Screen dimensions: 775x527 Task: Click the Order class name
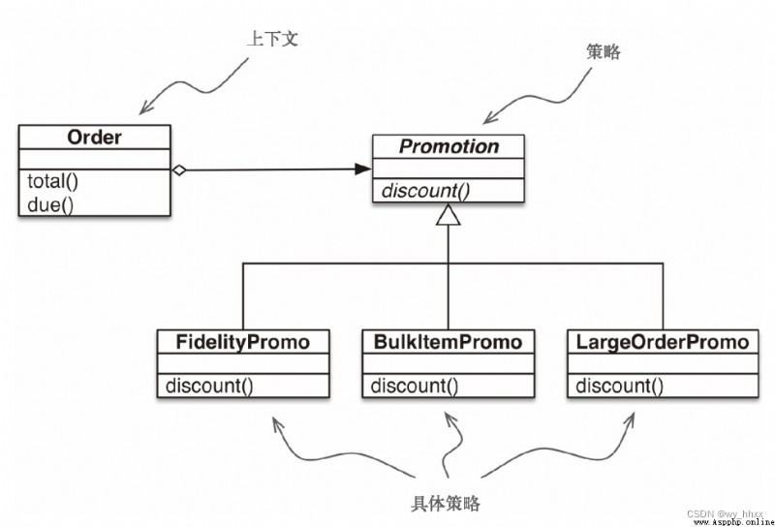tap(94, 137)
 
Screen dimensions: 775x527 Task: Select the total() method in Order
tap(53, 181)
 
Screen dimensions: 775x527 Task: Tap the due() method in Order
tap(50, 204)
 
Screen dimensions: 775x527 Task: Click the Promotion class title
tap(449, 146)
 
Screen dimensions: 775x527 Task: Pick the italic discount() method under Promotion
tap(426, 191)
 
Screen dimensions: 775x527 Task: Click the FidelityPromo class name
tap(243, 342)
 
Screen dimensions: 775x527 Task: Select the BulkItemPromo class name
tap(448, 342)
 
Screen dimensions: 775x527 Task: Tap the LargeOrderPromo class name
tap(663, 342)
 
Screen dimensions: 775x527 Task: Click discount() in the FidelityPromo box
tap(209, 386)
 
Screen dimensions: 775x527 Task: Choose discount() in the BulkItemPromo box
tap(415, 386)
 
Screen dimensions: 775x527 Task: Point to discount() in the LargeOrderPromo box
tap(620, 386)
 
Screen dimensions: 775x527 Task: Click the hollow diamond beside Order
tap(179, 170)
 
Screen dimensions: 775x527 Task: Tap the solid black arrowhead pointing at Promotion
tap(362, 170)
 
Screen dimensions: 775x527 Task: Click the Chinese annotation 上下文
tap(273, 38)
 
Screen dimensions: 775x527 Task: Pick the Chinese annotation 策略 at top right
tap(604, 51)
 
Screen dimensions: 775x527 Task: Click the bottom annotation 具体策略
tap(446, 504)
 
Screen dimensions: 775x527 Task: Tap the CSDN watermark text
tap(725, 514)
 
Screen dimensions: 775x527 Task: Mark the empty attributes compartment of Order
tap(94, 159)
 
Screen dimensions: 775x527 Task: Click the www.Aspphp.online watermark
tap(734, 522)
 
